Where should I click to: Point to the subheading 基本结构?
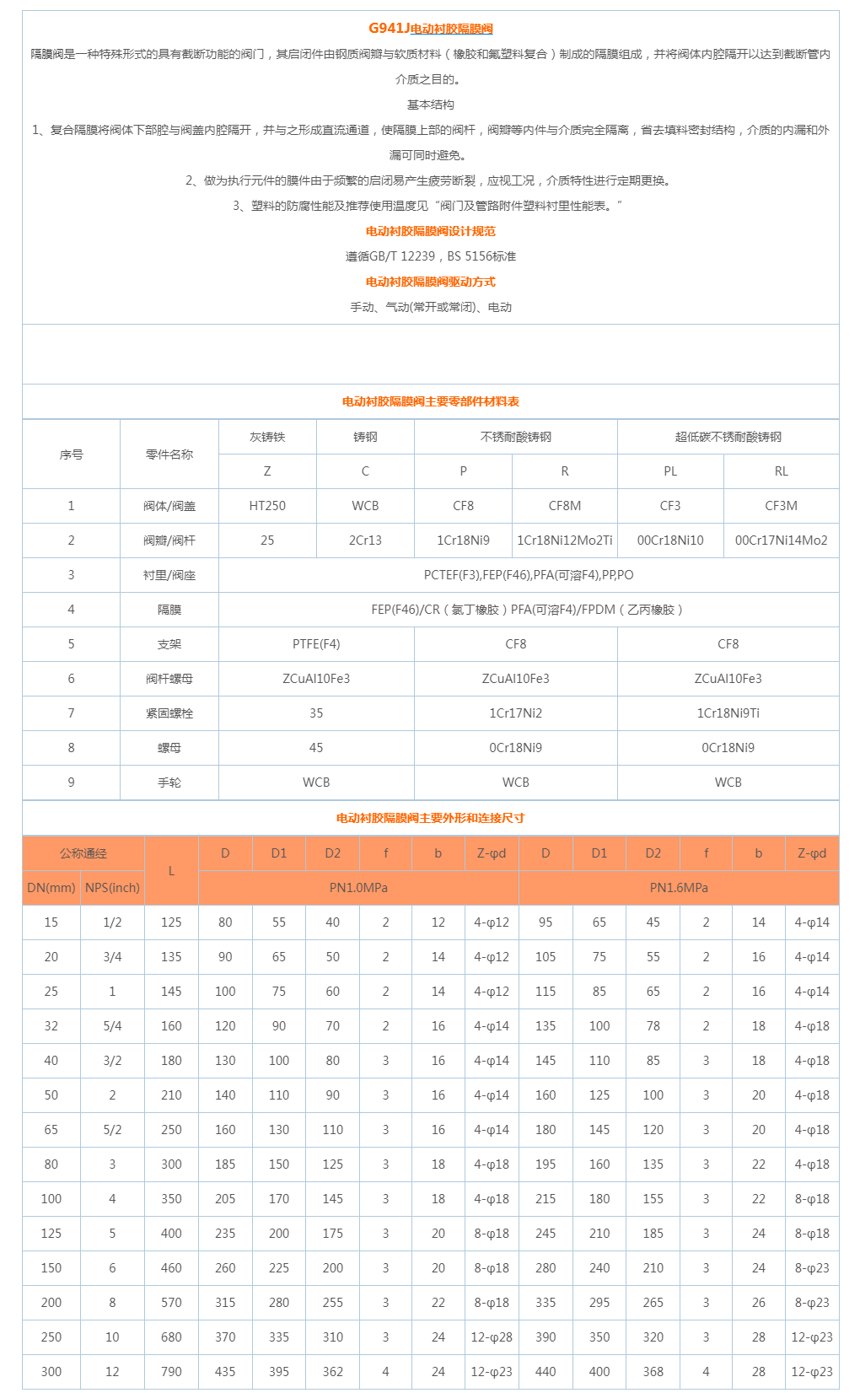pos(430,105)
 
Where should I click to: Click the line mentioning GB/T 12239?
pos(430,256)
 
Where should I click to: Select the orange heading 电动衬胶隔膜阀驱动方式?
pos(430,282)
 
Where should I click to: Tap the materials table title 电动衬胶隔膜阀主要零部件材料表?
pos(430,401)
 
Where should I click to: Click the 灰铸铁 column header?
pos(267,437)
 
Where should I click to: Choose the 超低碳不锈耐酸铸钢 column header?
pos(728,437)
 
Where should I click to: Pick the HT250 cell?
pos(267,506)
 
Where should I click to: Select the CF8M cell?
pos(564,506)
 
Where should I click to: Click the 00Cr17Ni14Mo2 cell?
pos(781,541)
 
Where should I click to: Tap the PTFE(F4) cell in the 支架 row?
pos(316,644)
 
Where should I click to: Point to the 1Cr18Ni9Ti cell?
pos(728,713)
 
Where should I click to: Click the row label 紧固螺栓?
pos(169,713)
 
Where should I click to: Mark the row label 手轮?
pos(169,783)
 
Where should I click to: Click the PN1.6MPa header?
pos(678,888)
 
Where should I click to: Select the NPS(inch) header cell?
pos(112,888)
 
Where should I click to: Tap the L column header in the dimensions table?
pos(171,870)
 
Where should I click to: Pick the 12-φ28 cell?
pos(492,1337)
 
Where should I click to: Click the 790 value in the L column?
pos(171,1372)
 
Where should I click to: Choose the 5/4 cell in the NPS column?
pos(112,1026)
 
